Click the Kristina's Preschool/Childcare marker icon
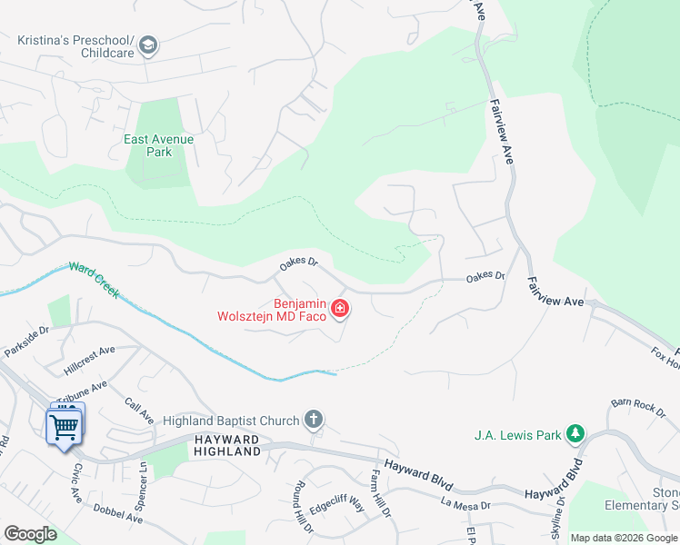pos(148,45)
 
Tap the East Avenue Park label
pos(159,145)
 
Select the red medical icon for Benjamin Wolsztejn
pos(340,310)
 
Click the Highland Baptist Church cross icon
pos(314,420)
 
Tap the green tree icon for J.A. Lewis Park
pos(575,434)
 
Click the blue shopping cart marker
pos(64,425)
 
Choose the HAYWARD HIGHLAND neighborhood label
pos(227,446)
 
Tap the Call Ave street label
pos(139,411)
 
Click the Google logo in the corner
pos(31,534)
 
